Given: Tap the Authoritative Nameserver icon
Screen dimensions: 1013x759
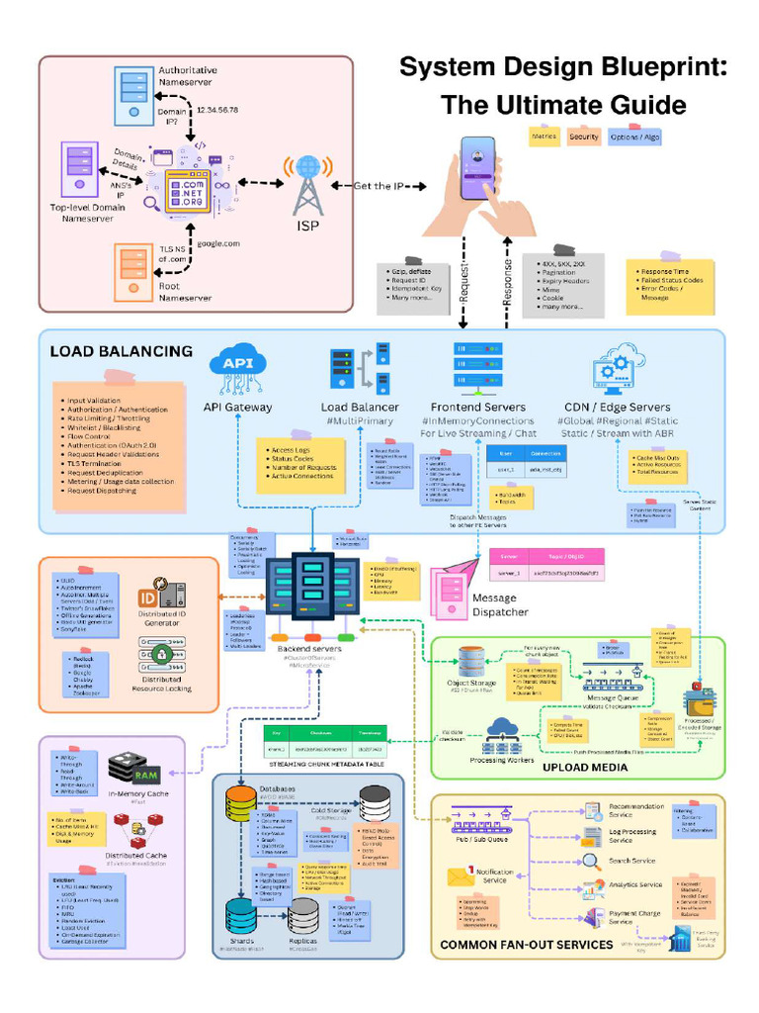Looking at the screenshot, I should click(x=133, y=96).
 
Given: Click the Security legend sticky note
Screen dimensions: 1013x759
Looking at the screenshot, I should click(x=584, y=137).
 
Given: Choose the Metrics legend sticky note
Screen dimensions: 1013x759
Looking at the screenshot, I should click(x=544, y=137).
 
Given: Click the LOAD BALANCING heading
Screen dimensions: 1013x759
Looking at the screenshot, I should click(x=121, y=351).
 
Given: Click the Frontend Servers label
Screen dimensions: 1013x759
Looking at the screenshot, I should click(x=477, y=408).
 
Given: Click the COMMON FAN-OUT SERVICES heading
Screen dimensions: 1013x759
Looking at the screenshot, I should click(x=527, y=945).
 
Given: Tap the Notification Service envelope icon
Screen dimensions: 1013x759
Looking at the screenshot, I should click(x=462, y=877).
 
